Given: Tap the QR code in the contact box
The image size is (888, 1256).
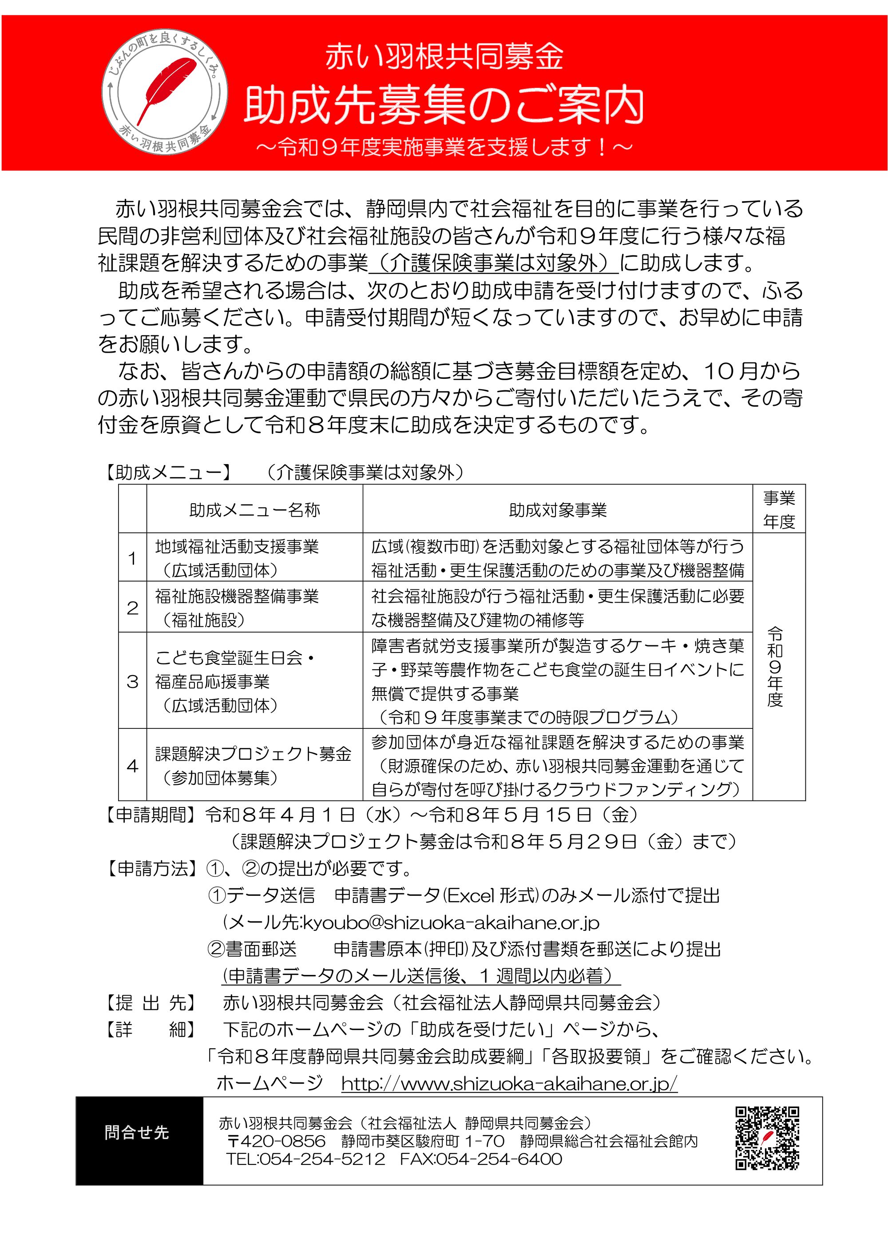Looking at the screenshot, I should coord(767,1138).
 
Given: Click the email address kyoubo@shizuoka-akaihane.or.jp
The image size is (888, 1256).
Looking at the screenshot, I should coord(451,923).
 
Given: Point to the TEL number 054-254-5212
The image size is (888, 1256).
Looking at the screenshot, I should coord(305,1159).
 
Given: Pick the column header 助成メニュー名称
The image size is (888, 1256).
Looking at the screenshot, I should coord(254,510).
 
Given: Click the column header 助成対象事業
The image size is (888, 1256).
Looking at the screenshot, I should coord(558,510).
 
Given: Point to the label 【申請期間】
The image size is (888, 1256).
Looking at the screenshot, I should coord(149,815).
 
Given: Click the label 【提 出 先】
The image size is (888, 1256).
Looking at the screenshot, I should coord(149,1003).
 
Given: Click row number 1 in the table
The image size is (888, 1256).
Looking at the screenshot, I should coord(132,558).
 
